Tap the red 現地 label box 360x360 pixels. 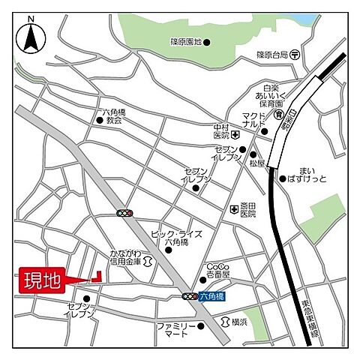[x=40, y=283]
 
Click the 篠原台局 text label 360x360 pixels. [x=272, y=54]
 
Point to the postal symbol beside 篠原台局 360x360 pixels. [x=296, y=54]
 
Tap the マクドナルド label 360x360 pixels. [x=253, y=121]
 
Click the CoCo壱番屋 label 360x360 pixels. [x=218, y=271]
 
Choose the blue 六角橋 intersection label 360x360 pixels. [x=212, y=297]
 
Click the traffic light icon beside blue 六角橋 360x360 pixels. [x=190, y=297]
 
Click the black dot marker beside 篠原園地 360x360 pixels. [x=207, y=42]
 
